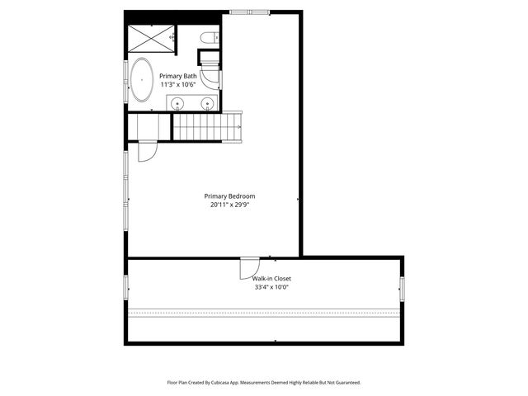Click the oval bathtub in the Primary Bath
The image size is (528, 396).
[142, 80]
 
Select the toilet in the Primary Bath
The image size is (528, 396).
[209, 36]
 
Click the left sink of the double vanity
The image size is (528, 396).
[177, 103]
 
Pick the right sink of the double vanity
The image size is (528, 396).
[207, 103]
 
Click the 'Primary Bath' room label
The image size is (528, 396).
[178, 76]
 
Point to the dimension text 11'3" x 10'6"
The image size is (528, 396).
[178, 84]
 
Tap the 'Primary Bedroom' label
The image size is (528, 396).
[230, 196]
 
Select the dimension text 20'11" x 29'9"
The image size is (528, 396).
[230, 205]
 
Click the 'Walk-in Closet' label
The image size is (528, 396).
[271, 279]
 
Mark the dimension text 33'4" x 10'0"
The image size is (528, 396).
[271, 288]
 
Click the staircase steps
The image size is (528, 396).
[205, 127]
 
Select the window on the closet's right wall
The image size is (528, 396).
[402, 288]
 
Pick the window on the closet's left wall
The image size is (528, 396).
[126, 288]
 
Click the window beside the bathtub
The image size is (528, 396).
[125, 81]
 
